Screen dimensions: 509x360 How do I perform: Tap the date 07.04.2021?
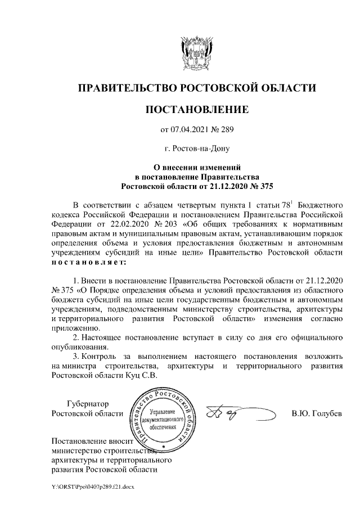(188, 130)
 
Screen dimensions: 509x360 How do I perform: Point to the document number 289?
(226, 130)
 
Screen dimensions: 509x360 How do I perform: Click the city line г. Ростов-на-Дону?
(196, 149)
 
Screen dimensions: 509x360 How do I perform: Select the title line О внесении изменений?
(196, 167)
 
